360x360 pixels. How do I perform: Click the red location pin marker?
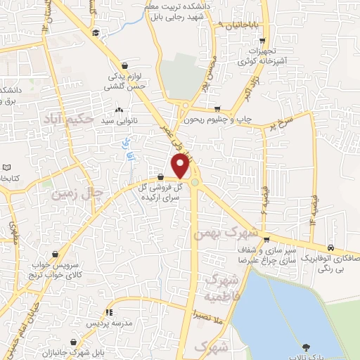[181, 166]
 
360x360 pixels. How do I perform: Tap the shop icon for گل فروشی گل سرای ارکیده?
[161, 178]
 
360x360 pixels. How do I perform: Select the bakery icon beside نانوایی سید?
[119, 110]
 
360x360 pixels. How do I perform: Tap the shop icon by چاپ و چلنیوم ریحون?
[218, 109]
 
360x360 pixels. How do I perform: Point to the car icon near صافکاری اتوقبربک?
[340, 249]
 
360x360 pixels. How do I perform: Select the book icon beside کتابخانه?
[6, 168]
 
